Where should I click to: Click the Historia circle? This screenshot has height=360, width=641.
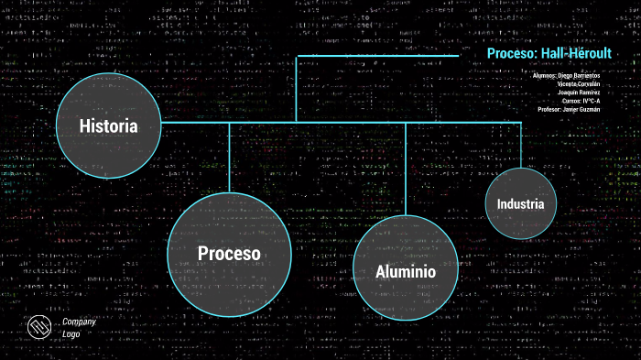point(109,125)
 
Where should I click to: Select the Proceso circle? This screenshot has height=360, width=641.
point(229,253)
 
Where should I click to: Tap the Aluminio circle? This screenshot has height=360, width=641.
point(405,271)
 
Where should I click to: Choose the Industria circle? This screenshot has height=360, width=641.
point(520,203)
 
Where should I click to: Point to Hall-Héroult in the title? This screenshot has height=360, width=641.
point(577,54)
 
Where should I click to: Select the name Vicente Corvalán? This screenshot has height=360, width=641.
point(579,83)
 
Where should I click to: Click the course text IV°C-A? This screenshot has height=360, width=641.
point(591,101)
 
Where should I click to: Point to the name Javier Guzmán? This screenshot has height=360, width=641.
point(581,110)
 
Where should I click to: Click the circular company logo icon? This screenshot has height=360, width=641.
point(38,327)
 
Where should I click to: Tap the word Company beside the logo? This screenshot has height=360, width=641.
point(79,322)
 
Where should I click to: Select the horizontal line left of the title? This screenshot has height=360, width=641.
point(375,56)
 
